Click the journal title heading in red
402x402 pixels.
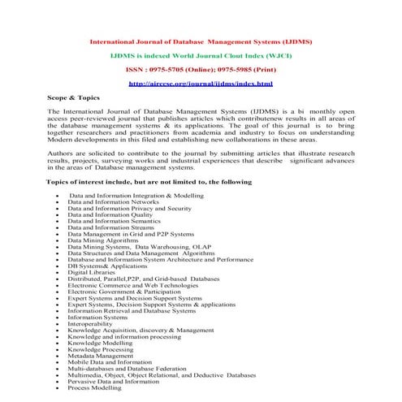coord(201,41)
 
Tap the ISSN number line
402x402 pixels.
coord(201,70)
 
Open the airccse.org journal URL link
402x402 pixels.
coord(201,84)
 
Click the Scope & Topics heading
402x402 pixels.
coord(73,97)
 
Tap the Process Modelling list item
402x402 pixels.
coord(95,388)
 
